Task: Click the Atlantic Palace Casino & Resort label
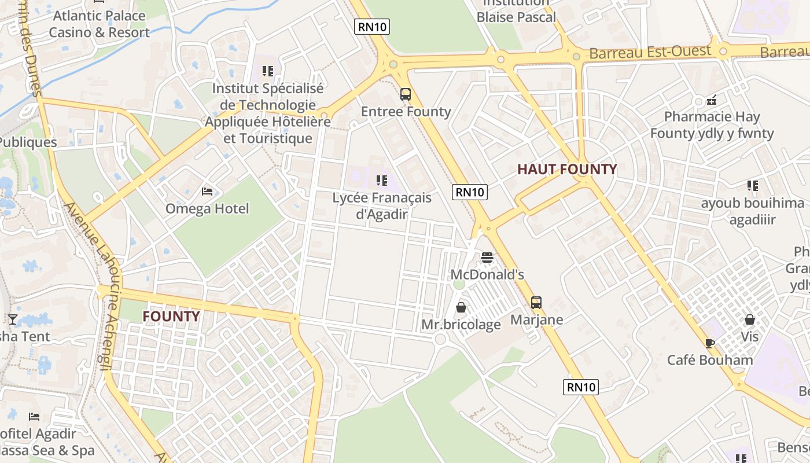(x=99, y=24)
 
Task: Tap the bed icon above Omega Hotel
(x=207, y=192)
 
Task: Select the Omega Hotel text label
(x=207, y=208)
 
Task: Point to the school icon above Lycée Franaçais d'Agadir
(x=381, y=181)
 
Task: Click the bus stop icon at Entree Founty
(x=406, y=94)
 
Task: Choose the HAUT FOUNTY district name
(x=567, y=169)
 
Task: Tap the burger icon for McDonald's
(x=487, y=258)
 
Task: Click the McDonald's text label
(x=487, y=274)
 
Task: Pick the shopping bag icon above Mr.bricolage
(x=461, y=307)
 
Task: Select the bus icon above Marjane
(x=536, y=303)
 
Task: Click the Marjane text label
(x=536, y=319)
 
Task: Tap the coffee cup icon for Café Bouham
(x=710, y=343)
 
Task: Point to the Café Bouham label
(x=710, y=360)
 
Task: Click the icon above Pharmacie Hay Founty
(x=712, y=100)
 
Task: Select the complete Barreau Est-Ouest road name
(x=650, y=52)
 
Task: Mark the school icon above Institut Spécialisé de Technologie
(x=267, y=71)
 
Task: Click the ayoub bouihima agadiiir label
(x=752, y=211)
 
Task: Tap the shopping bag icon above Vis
(x=750, y=319)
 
